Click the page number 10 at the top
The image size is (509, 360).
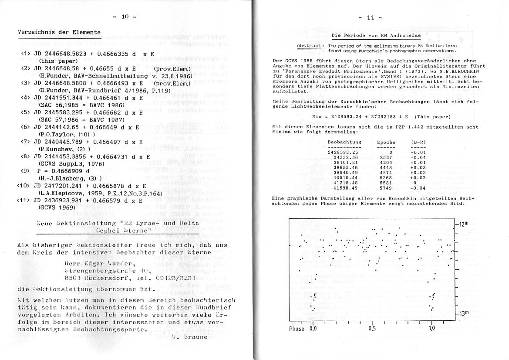tap(125, 17)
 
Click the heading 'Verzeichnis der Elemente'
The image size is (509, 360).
tap(59, 32)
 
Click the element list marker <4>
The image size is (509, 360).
tap(25, 98)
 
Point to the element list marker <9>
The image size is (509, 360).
tap(25, 171)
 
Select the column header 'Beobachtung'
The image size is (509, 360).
tap(344, 143)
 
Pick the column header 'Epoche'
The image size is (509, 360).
tap(386, 143)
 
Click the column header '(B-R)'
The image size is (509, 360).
tap(418, 143)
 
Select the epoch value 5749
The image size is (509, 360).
tap(386, 188)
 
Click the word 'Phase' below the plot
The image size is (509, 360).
tap(297, 329)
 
